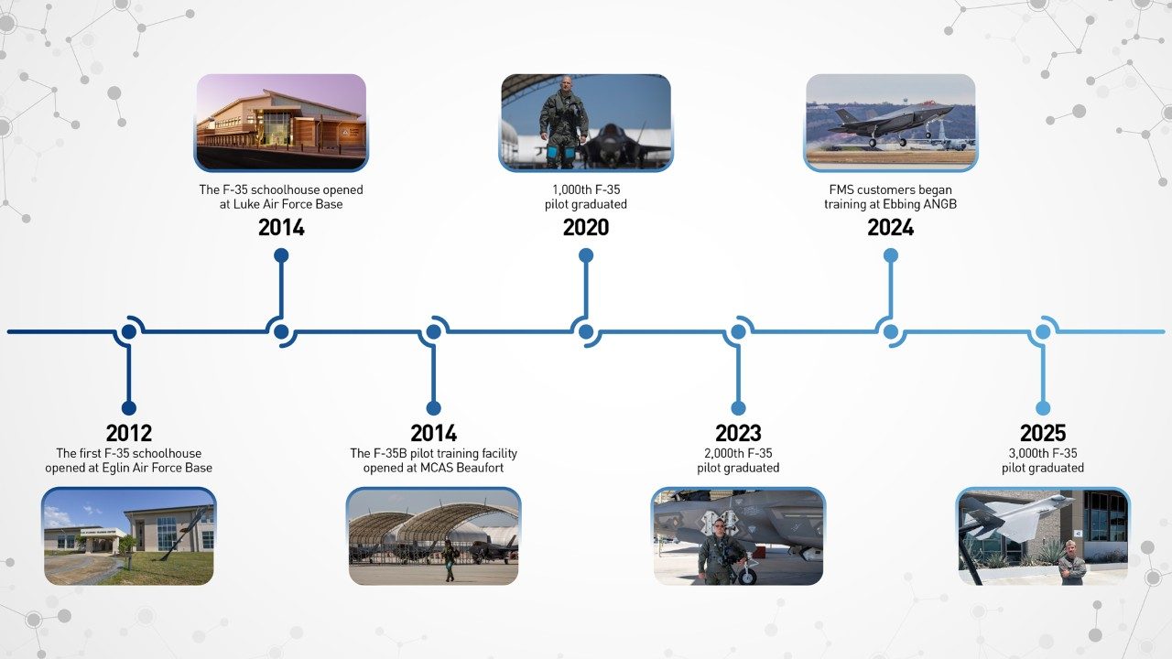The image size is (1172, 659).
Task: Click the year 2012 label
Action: [x=128, y=433]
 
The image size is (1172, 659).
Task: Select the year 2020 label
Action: [x=585, y=227]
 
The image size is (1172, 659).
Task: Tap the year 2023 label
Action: [x=737, y=433]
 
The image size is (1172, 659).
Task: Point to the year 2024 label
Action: [x=890, y=227]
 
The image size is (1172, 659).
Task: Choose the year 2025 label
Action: [x=1042, y=433]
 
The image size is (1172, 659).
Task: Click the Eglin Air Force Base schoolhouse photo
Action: [x=128, y=536]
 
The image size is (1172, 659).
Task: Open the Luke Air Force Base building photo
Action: [x=280, y=122]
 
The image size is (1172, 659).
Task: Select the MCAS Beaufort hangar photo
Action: [x=433, y=536]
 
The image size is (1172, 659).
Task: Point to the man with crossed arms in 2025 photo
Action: [x=1071, y=564]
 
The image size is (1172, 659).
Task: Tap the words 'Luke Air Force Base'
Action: [x=288, y=204]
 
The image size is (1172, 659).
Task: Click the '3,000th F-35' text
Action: [x=1042, y=453]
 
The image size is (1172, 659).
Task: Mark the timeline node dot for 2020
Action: [x=585, y=331]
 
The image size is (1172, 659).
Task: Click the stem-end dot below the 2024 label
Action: [x=890, y=255]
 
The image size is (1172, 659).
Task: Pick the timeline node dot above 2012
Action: [x=128, y=331]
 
